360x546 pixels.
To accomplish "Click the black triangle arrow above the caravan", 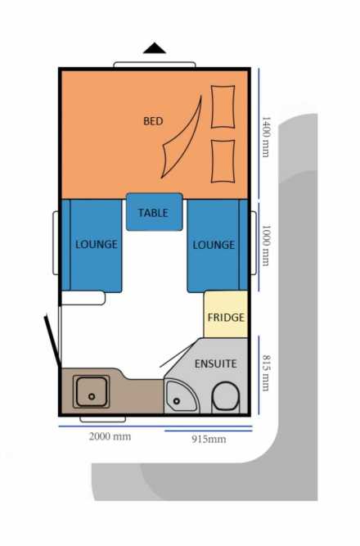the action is point(155,49).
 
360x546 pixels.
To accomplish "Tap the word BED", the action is point(153,121).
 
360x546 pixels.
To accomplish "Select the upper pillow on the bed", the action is point(223,106).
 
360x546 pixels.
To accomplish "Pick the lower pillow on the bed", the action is point(223,161).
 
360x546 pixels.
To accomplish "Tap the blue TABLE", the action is point(155,212).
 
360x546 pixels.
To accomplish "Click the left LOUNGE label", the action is point(97,244).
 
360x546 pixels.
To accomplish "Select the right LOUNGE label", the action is point(214,245).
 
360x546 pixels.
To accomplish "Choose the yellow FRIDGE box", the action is point(226,314).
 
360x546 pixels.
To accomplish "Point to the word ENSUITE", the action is point(215,364).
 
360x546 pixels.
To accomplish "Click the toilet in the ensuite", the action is point(226,396).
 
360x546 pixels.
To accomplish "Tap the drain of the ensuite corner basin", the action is point(177,401).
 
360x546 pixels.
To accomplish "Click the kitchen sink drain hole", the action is point(92,396).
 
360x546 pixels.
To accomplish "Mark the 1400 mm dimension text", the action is point(266,138).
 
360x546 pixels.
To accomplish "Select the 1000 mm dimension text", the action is point(266,246).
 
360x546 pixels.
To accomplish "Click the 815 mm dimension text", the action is point(266,373).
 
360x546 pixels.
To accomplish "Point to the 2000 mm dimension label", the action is point(110,436).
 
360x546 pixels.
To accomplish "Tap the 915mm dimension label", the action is point(209,439).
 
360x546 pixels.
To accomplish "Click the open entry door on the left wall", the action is point(53,341).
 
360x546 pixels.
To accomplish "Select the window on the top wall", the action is point(155,65).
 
